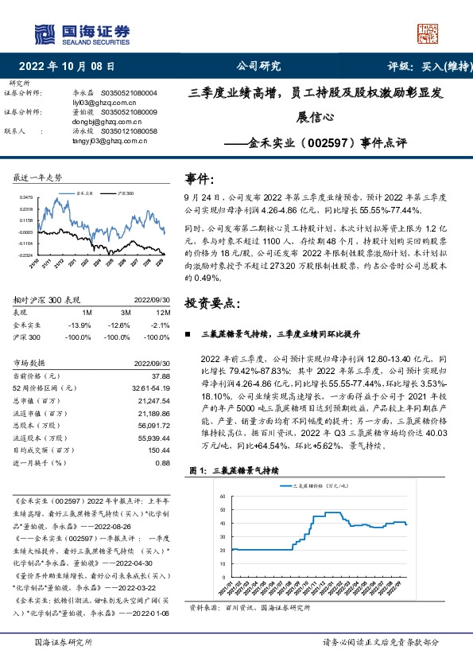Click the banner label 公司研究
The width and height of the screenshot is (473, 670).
click(x=259, y=67)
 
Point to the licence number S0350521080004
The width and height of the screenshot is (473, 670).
click(x=129, y=93)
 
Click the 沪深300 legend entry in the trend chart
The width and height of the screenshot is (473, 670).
click(x=125, y=193)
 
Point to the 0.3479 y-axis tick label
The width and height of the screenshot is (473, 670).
click(x=27, y=197)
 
